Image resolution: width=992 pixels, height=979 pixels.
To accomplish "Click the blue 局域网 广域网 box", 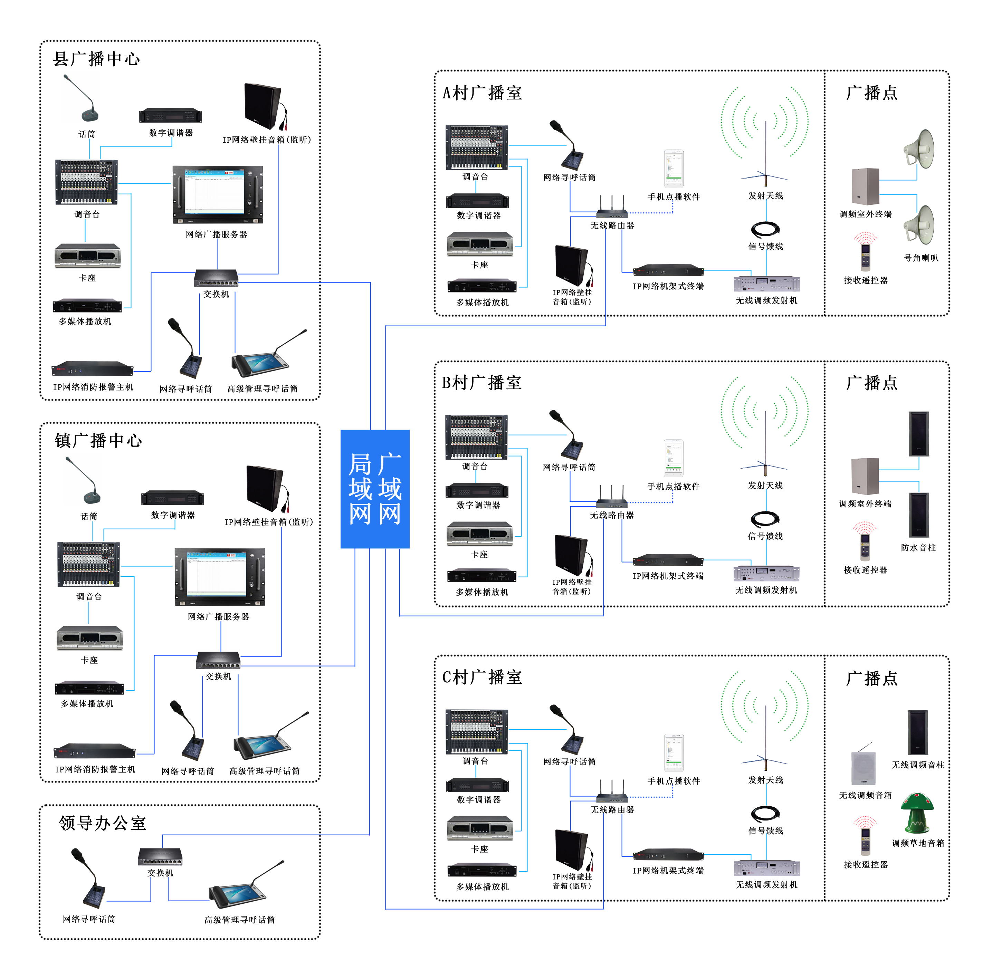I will (x=375, y=488).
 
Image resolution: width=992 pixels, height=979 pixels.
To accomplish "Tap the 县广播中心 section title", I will (x=96, y=59).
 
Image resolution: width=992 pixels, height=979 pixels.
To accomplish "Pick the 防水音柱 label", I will (x=918, y=548).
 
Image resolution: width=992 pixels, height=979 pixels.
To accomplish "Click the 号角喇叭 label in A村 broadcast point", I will (x=921, y=258).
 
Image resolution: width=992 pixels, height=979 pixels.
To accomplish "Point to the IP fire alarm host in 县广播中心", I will (x=93, y=368).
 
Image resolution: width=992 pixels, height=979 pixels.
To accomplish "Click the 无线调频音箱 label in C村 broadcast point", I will (x=865, y=795).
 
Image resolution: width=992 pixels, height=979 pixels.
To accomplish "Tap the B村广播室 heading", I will (x=481, y=383).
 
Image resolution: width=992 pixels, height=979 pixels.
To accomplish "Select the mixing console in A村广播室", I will (x=477, y=147).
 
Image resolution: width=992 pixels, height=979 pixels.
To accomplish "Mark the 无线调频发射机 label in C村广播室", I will (x=766, y=884).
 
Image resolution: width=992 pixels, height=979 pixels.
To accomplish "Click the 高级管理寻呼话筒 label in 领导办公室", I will (x=239, y=920).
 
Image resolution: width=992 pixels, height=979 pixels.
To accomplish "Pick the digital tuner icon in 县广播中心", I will (x=171, y=115).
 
